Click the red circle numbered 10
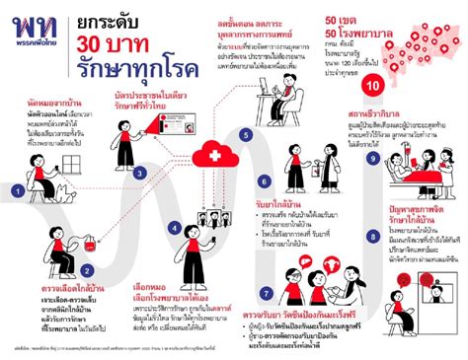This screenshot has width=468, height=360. [x=371, y=87]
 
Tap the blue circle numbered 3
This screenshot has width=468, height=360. [x=141, y=146]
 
